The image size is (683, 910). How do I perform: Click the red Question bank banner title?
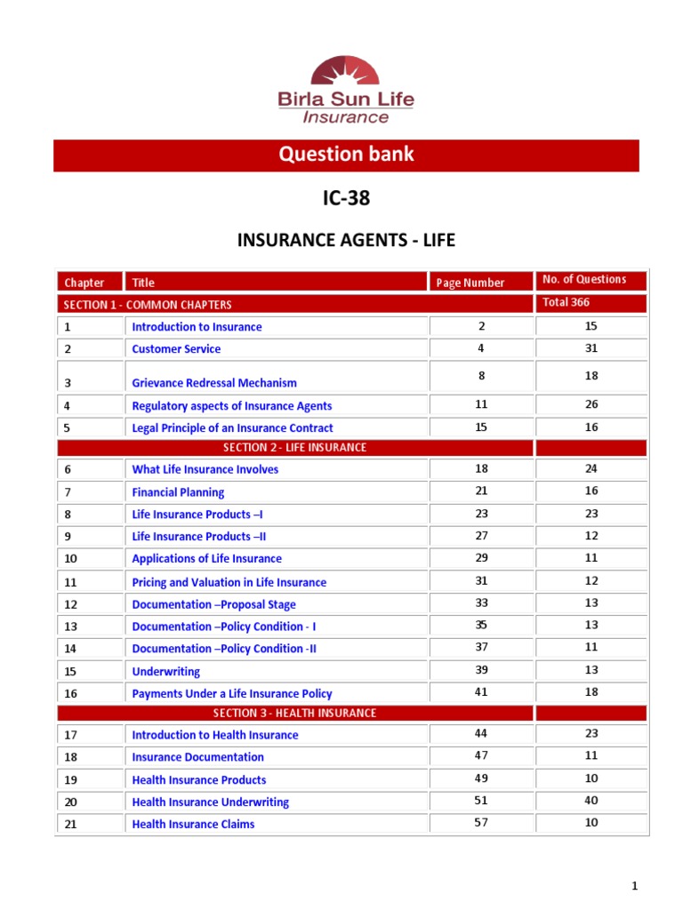coord(346,155)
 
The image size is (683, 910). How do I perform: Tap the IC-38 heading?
coord(346,199)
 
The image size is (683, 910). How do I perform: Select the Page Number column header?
coord(470,283)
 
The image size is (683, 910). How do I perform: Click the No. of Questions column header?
coord(583,279)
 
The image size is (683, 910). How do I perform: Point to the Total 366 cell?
coord(566,302)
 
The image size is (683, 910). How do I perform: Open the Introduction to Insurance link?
coord(197,327)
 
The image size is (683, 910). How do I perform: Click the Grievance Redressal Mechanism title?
coord(214,383)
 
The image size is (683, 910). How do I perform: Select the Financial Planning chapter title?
coord(178,492)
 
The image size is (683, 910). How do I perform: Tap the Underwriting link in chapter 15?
coord(165,672)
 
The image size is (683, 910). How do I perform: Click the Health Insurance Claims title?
coord(193,825)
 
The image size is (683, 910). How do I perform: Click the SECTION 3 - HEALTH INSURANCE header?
coord(294,713)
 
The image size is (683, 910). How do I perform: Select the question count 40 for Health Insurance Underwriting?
coord(591,801)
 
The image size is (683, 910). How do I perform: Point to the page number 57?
coord(481,823)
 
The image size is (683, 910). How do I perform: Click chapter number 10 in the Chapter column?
coord(71,559)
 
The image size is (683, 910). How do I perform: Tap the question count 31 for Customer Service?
coord(591,348)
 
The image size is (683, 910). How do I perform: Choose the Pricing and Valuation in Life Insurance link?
coord(229,583)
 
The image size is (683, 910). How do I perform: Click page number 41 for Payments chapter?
coord(481,692)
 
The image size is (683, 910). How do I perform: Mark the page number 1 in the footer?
coord(635,886)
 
